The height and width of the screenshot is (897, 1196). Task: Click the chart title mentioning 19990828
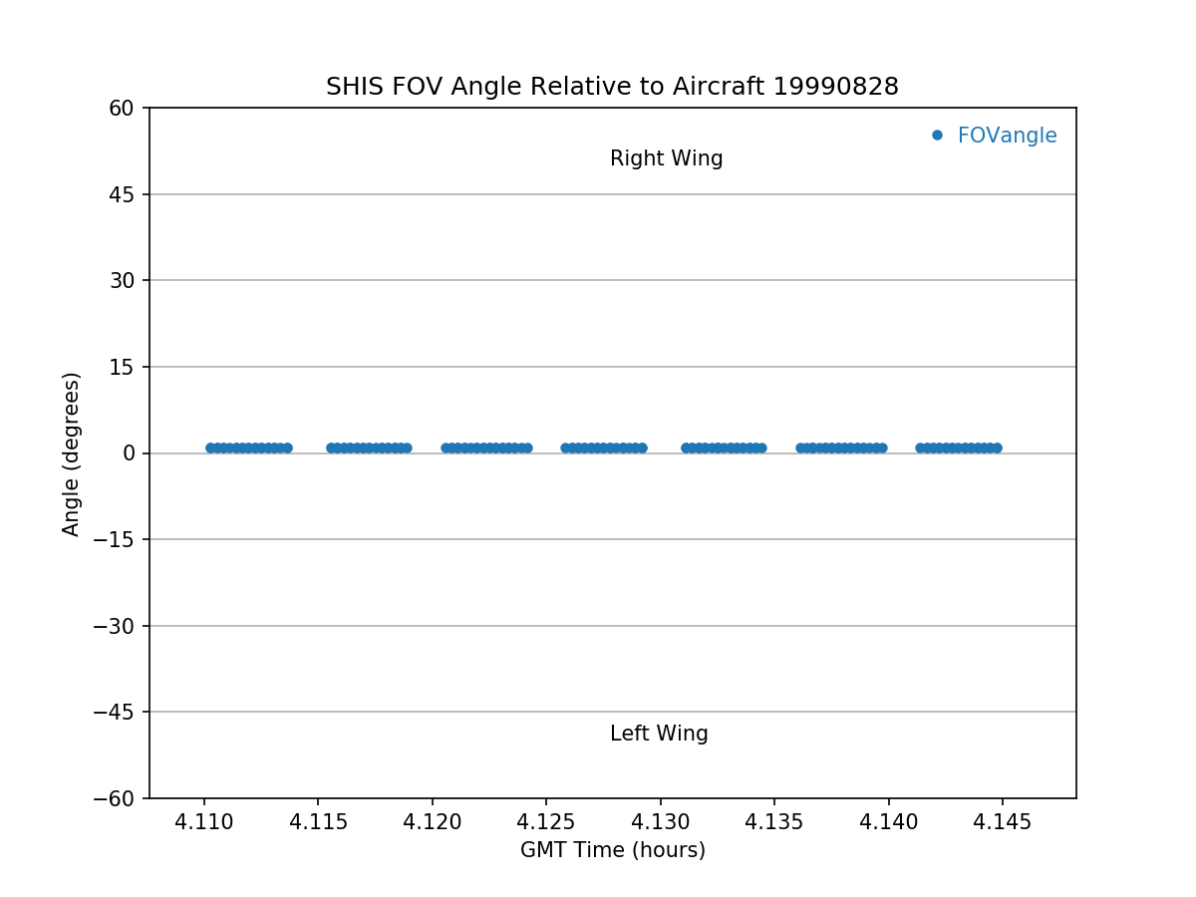point(612,87)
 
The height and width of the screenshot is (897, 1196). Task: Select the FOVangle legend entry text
point(1007,136)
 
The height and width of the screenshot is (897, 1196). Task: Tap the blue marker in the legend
point(937,136)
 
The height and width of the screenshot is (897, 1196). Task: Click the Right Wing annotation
point(666,158)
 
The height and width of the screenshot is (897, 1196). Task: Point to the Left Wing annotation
point(659,734)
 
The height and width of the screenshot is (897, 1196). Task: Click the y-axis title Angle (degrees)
point(72,453)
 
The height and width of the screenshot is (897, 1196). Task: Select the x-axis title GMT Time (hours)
point(612,850)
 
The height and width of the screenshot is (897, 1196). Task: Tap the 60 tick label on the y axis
point(121,108)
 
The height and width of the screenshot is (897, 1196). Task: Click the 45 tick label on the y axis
point(121,194)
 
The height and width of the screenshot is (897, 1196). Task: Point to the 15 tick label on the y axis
point(121,367)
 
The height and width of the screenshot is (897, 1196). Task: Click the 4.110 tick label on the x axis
point(203,823)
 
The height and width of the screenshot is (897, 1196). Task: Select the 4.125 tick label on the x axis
point(546,823)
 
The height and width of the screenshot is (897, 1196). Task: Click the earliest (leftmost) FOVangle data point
point(210,448)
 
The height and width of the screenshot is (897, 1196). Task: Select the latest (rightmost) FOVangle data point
point(996,448)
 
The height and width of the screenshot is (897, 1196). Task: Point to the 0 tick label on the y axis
point(130,453)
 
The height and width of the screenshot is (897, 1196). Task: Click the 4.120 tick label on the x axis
point(432,823)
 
